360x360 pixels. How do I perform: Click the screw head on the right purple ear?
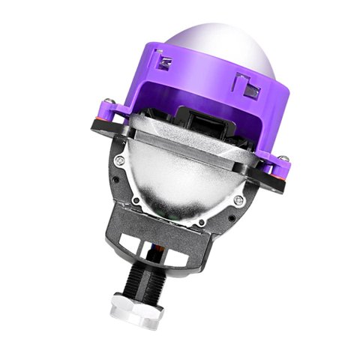(x=285, y=158)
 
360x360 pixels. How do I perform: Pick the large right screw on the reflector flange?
(x=238, y=200)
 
